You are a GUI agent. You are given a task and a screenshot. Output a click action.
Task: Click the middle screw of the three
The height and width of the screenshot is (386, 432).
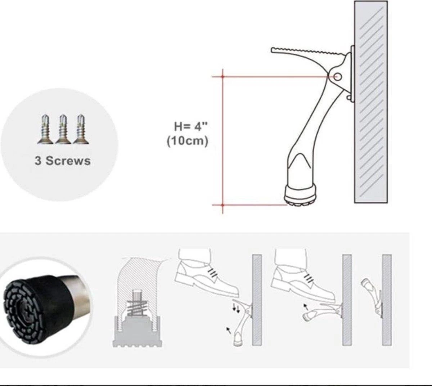(63, 129)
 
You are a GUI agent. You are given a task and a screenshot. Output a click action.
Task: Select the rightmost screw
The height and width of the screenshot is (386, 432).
(81, 129)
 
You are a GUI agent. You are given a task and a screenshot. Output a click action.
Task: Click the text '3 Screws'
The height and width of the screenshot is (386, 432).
(63, 161)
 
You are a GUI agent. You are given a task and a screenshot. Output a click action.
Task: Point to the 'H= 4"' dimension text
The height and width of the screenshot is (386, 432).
(191, 126)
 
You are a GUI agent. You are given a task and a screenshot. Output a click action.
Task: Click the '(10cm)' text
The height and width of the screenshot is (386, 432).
(188, 141)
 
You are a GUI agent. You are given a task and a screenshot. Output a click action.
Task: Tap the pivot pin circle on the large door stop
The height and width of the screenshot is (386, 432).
(337, 77)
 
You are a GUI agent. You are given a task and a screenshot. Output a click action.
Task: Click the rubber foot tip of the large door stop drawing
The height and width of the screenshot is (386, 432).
(301, 196)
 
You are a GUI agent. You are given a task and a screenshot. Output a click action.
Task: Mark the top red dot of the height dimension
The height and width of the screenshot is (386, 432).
(222, 77)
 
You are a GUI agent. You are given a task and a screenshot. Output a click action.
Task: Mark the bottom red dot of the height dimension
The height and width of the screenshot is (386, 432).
(222, 205)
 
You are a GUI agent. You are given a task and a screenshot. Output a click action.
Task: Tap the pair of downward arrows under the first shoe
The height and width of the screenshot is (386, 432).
(236, 307)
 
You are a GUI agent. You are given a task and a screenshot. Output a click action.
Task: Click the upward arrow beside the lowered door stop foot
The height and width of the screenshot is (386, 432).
(228, 331)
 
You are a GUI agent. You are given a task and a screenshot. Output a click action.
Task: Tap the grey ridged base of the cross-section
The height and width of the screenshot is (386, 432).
(137, 331)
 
